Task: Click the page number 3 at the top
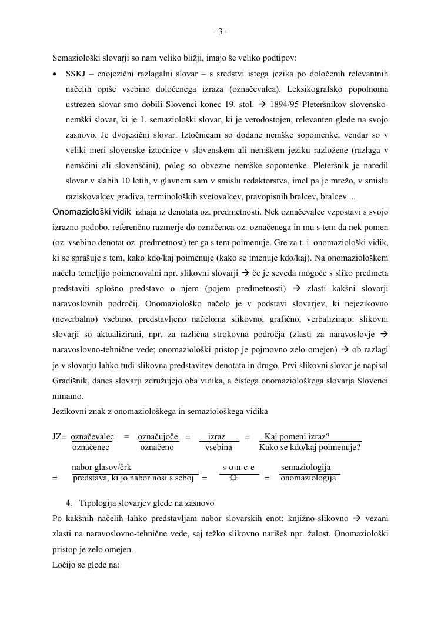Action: pos(220,32)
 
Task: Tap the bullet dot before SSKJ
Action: pos(55,74)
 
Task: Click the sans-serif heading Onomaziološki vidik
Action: pos(92,212)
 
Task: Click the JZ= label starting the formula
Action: pos(59,436)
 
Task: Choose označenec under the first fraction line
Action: pos(91,448)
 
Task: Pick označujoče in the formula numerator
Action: pos(158,436)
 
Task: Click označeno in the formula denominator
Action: pos(157,448)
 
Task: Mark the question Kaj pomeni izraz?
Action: pos(297,436)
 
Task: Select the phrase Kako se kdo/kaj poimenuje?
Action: pos(309,448)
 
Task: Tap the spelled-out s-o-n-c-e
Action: pos(238,467)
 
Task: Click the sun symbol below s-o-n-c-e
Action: pos(233,478)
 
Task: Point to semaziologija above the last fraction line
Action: pos(306,467)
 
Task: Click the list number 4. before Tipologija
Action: pos(69,503)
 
